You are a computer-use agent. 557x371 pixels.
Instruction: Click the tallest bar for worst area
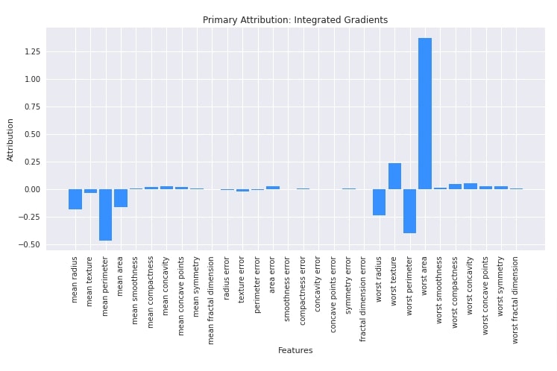pos(424,113)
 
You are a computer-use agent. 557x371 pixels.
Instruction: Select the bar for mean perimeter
pos(105,215)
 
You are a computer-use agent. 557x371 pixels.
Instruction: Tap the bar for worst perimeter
pos(409,211)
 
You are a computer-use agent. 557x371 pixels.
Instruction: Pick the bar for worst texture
pos(394,176)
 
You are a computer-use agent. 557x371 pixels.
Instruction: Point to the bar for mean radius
pos(75,199)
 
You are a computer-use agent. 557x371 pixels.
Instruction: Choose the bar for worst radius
pos(379,202)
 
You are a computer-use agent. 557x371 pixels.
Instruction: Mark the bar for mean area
pos(120,198)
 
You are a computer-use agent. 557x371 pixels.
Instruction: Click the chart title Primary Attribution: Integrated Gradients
pos(295,20)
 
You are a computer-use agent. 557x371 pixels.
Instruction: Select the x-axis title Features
pos(295,350)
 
